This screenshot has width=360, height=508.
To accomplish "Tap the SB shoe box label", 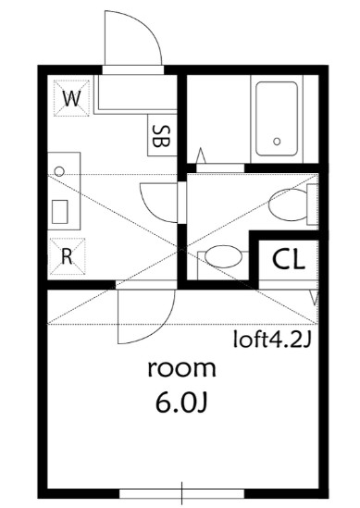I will point(159,136).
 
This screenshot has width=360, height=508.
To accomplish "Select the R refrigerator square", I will point(67,256).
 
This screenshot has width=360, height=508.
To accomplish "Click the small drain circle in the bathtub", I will point(276,142).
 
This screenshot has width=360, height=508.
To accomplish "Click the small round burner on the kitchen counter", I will point(60,171).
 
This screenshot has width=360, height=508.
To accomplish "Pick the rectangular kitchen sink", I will point(61,212).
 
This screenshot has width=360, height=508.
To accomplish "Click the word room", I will point(181,369).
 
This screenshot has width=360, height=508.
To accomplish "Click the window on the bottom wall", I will point(184,491).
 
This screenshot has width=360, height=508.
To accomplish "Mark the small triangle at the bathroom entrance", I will point(203,155).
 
